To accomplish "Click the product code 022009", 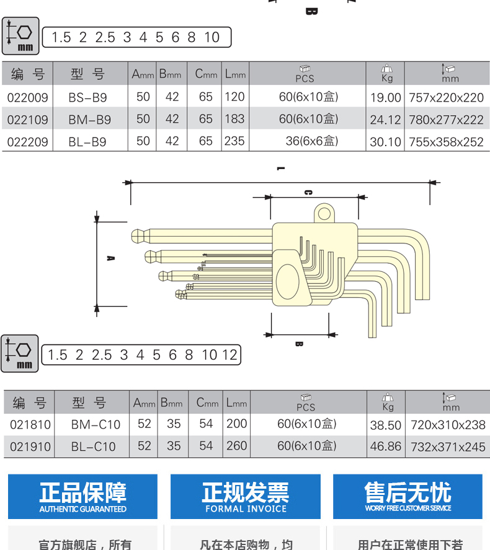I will click(x=28, y=97).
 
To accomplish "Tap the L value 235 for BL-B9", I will click(x=235, y=141).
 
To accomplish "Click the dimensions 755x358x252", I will click(x=445, y=142).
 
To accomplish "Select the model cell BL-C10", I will click(x=93, y=446).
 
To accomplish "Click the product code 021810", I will click(x=30, y=424).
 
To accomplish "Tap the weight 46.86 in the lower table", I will click(x=386, y=447).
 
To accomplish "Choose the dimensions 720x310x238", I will click(x=448, y=425).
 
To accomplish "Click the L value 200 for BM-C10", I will click(x=236, y=424).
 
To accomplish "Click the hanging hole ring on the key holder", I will click(x=323, y=214).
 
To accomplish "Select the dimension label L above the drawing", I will click(x=280, y=168).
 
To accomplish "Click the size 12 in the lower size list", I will click(x=229, y=355).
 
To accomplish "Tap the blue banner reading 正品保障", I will click(x=82, y=496).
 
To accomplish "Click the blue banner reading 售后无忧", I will click(x=408, y=496).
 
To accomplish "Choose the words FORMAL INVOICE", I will click(x=246, y=509).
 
